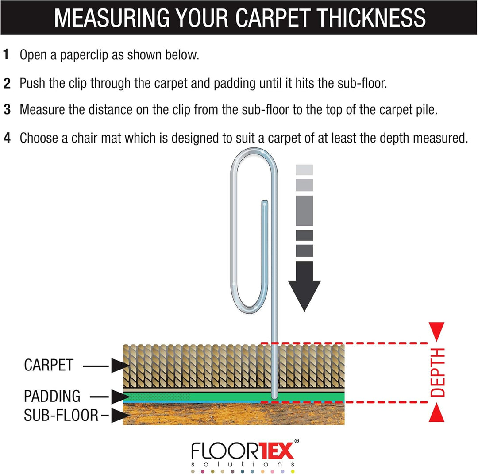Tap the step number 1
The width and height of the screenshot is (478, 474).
click(x=6, y=54)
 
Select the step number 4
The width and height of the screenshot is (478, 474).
click(x=7, y=138)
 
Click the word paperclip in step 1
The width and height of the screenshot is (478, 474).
click(x=84, y=55)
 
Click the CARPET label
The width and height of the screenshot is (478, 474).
click(x=49, y=365)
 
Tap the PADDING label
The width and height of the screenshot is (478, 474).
click(x=52, y=396)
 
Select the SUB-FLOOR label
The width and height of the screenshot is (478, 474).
click(x=61, y=415)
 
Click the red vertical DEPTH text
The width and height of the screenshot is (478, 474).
click(x=437, y=372)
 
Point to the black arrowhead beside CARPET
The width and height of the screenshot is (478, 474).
click(x=119, y=366)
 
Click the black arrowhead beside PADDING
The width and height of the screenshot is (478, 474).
click(x=119, y=397)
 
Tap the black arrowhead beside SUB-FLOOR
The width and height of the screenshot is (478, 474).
click(x=119, y=416)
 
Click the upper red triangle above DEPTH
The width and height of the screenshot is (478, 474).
click(x=436, y=331)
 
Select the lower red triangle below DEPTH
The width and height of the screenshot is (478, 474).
click(x=436, y=413)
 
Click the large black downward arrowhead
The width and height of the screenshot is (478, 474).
click(x=304, y=294)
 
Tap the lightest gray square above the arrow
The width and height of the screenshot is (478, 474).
click(x=304, y=170)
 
